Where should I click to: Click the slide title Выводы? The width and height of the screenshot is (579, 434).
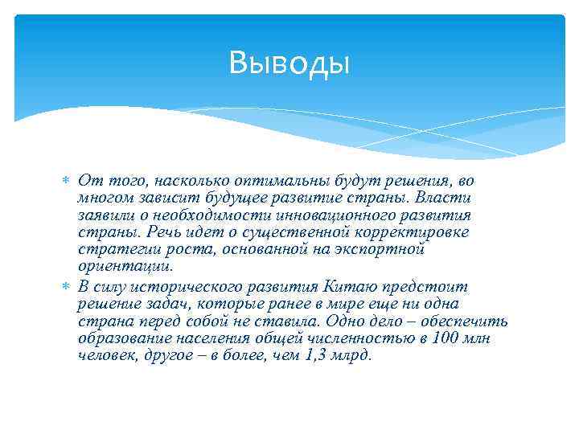coord(289,62)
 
